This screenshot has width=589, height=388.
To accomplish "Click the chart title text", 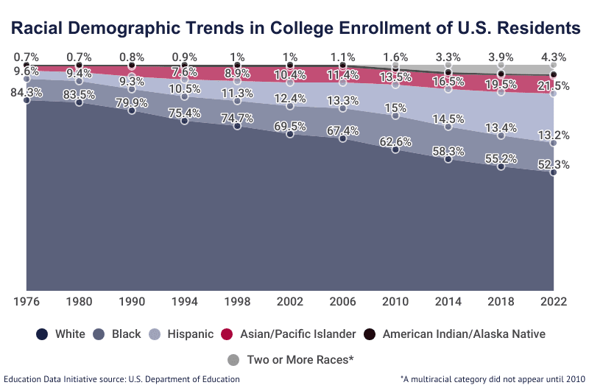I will [x=294, y=28].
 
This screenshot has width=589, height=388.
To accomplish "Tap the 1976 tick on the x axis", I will [x=27, y=301].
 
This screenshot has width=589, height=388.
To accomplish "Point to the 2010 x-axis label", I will [x=395, y=301].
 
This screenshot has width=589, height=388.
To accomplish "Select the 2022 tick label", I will [x=554, y=301].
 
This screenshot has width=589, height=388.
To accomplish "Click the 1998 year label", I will [x=237, y=301].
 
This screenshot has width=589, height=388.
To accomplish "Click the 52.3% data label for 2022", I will [x=554, y=165].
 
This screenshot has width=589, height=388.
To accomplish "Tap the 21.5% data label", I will [x=554, y=86].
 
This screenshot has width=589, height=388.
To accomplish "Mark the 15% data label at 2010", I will [x=395, y=107].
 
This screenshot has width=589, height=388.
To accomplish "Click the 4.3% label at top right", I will [x=554, y=57].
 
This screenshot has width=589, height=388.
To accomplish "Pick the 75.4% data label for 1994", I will [x=184, y=113].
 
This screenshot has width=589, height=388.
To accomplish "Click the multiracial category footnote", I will [x=490, y=379].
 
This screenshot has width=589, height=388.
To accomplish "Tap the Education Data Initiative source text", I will [x=121, y=379].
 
